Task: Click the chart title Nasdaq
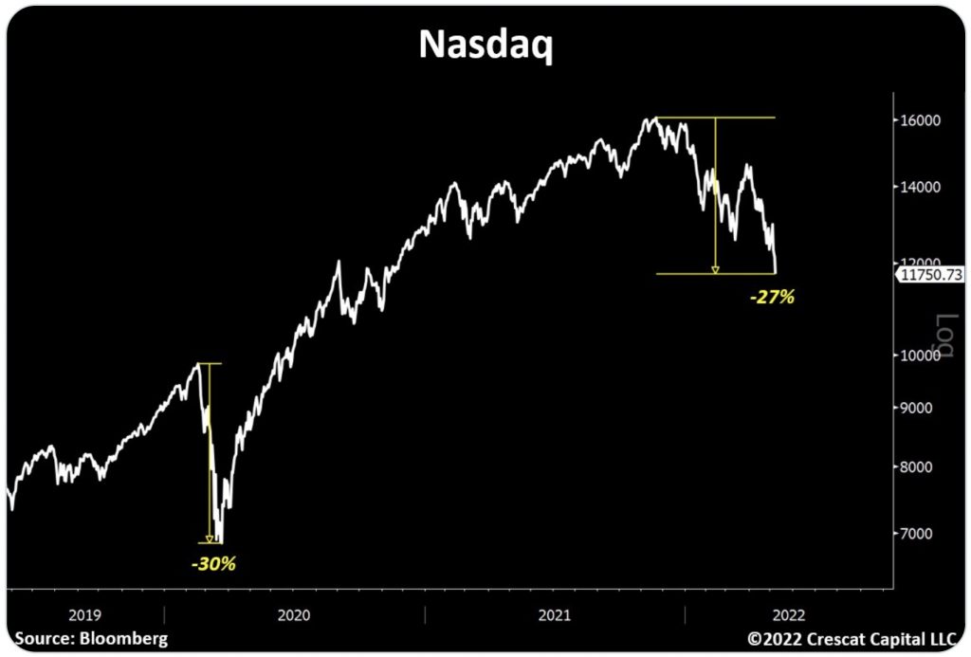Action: [485, 46]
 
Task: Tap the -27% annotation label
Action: [771, 297]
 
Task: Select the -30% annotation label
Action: [212, 563]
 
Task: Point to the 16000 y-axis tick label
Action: [920, 120]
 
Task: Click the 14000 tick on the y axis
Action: [920, 187]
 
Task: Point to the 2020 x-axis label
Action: [294, 614]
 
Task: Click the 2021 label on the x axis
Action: [555, 614]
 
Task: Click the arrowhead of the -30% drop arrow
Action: [210, 539]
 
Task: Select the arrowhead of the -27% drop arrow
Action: [715, 270]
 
